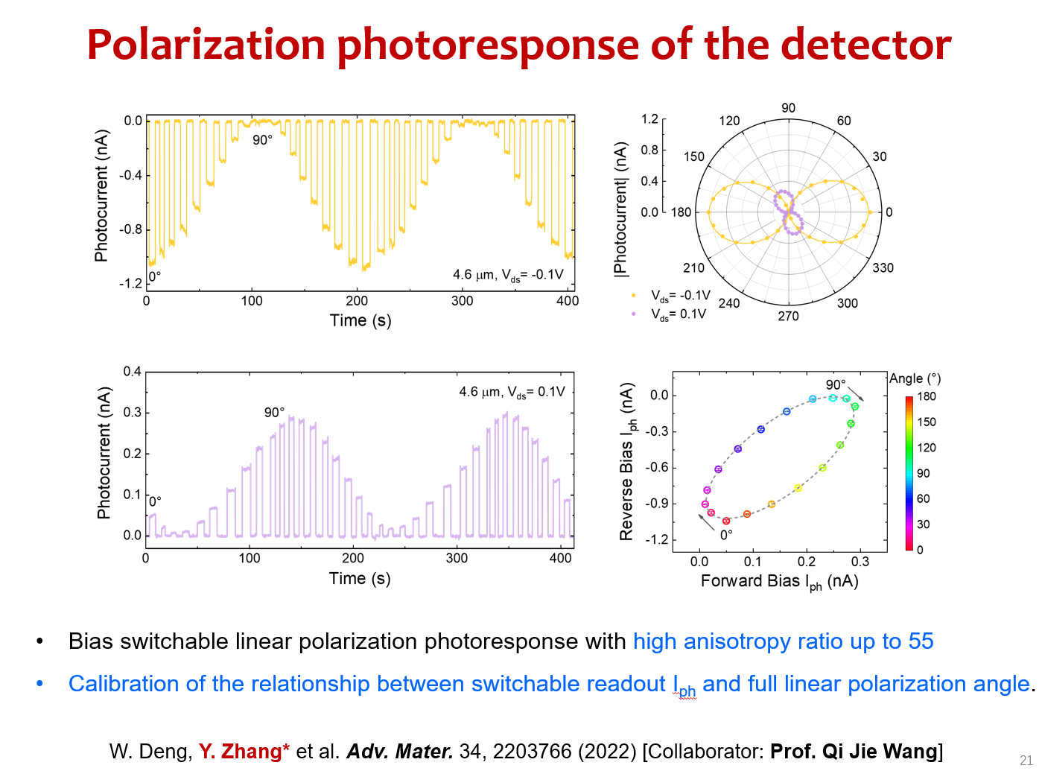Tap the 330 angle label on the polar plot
point(883,267)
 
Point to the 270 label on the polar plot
point(788,316)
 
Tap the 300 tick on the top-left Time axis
point(462,301)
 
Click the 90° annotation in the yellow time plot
point(262,140)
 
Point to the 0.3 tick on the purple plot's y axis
point(132,413)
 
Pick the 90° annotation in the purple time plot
point(274,412)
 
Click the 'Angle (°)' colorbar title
point(915,378)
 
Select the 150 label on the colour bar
point(926,422)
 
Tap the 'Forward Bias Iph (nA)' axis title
point(779,582)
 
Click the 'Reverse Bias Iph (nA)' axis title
point(628,462)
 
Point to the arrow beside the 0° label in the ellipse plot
point(705,521)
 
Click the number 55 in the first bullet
point(921,641)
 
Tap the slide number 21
point(1026,761)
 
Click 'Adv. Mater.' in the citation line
point(400,751)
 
